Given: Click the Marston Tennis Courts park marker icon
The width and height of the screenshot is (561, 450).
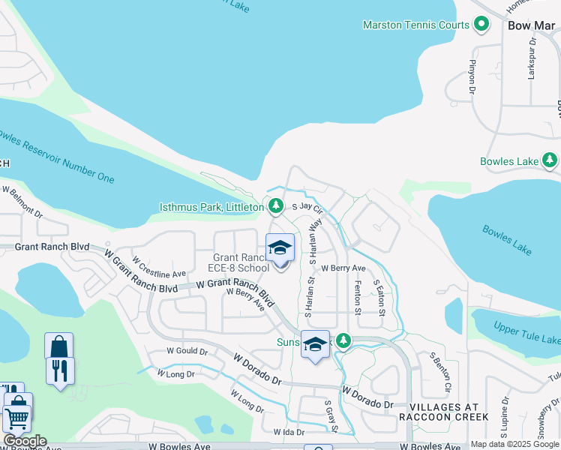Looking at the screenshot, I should pos(481,25).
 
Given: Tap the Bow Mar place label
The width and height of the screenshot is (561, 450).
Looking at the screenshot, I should pos(531,25).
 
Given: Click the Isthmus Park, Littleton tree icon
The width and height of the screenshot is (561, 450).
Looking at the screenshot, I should pos(276,205).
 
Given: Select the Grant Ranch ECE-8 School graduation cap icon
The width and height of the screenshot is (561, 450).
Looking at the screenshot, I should pos(280,247).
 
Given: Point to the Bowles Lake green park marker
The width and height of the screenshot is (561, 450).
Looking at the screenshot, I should pos(550,160).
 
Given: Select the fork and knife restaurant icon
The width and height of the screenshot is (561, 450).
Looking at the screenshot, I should pos(59,370).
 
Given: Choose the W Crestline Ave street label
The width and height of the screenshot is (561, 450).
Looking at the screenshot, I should pos(159,268).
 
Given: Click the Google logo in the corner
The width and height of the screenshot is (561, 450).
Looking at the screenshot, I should pos(25,441).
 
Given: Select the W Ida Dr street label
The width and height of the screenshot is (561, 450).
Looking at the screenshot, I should pos(289,432).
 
